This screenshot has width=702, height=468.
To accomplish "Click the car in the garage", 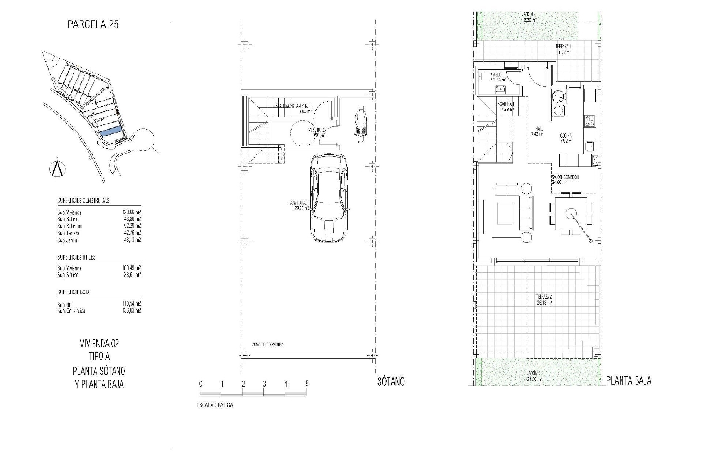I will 329,197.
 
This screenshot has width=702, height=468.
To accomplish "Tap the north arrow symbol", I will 57,168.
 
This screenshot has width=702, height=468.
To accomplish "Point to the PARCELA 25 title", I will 93,24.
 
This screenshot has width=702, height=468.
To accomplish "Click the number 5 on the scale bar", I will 307,384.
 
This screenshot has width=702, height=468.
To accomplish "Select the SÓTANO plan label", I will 391,381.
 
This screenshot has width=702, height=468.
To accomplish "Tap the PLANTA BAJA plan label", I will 629,380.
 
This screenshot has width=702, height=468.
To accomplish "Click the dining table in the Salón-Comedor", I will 571,214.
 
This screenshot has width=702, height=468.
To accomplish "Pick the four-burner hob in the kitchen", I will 589,122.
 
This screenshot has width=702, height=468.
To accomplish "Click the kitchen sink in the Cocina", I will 589,146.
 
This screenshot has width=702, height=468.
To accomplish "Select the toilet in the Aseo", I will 485,75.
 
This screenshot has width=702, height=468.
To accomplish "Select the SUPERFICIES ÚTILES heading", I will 76,257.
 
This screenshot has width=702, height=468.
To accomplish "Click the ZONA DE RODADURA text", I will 267,344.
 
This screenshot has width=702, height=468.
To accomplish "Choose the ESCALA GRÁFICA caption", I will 214,405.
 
